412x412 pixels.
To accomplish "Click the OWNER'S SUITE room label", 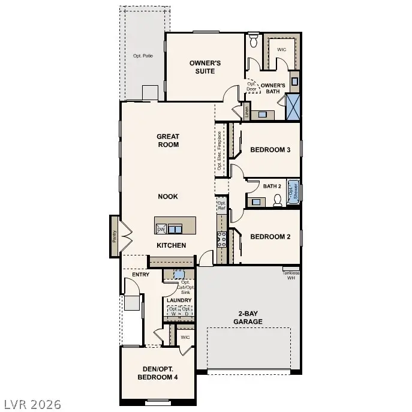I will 202,67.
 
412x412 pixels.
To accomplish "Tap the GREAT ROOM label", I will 168,140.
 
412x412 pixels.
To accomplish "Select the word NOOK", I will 168,196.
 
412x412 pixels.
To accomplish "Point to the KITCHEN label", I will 171,245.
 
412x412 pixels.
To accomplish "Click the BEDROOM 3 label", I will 270,149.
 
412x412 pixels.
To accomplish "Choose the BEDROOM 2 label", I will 270,236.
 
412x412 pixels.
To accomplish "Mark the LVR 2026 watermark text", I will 31,404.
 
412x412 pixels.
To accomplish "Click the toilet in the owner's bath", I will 253,41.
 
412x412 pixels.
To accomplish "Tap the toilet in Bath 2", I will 277,200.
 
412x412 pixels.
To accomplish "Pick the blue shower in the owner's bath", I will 293,108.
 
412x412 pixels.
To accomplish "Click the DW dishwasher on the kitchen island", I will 161,229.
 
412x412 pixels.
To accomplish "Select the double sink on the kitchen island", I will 175,228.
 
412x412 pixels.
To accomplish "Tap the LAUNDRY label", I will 179,300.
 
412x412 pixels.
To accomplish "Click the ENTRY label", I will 140,274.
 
